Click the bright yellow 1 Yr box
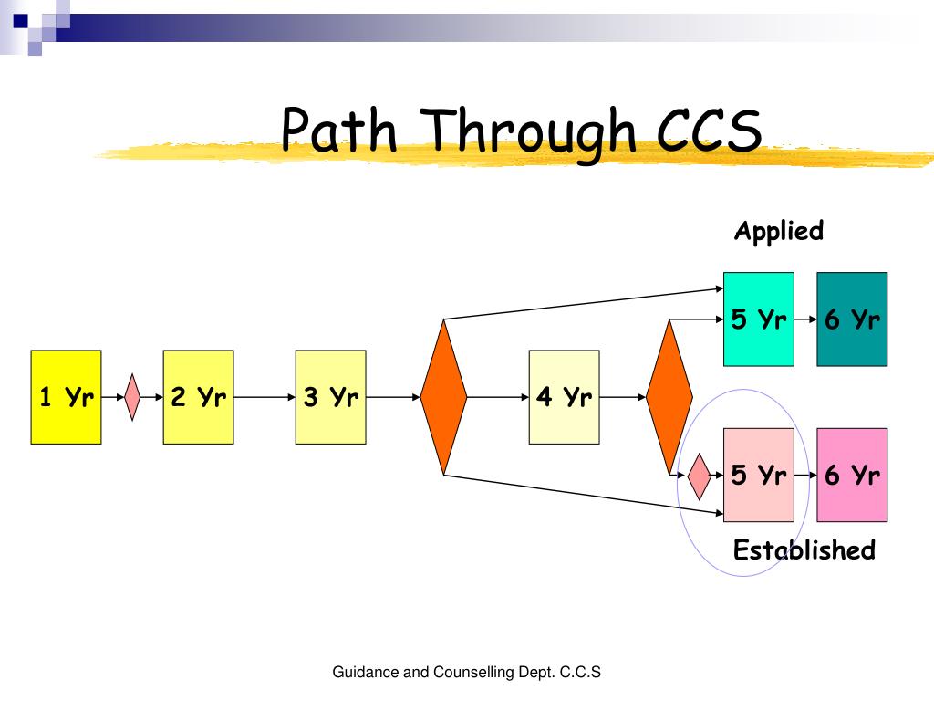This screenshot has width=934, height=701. click(66, 397)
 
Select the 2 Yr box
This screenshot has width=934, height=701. click(198, 397)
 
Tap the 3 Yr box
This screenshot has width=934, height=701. click(330, 397)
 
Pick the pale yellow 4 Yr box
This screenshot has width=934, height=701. click(564, 397)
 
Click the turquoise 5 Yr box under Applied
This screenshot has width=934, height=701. click(758, 319)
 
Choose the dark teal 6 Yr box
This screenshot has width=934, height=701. click(852, 319)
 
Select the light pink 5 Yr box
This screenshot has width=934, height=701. click(758, 475)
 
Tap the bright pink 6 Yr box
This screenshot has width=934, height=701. click(852, 475)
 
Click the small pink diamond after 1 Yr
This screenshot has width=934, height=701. click(132, 397)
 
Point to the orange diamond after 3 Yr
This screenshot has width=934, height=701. click(443, 397)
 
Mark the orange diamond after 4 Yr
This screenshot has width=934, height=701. click(669, 397)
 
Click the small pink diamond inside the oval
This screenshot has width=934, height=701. click(700, 476)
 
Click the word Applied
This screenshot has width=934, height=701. click(778, 232)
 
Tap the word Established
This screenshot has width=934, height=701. click(804, 550)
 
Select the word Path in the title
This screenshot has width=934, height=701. click(340, 131)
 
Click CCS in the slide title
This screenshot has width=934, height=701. click(710, 131)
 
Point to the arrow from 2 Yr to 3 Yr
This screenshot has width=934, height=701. click(264, 397)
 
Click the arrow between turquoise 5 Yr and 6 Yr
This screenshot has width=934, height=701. click(804, 320)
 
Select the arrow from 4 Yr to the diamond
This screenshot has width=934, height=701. click(623, 397)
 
